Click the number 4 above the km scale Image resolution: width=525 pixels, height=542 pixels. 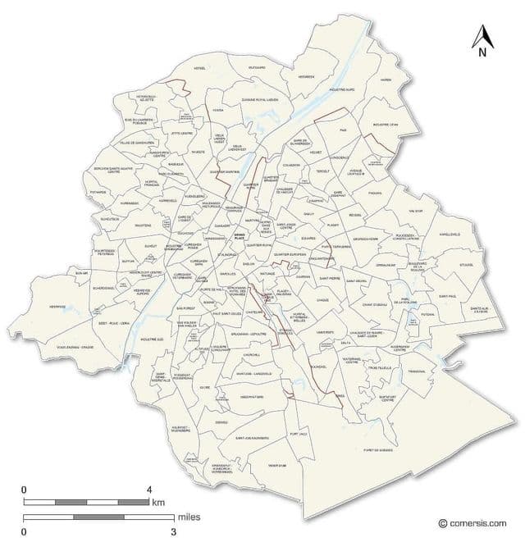(x=149, y=490)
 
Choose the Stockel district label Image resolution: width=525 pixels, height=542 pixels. (x=467, y=265)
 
